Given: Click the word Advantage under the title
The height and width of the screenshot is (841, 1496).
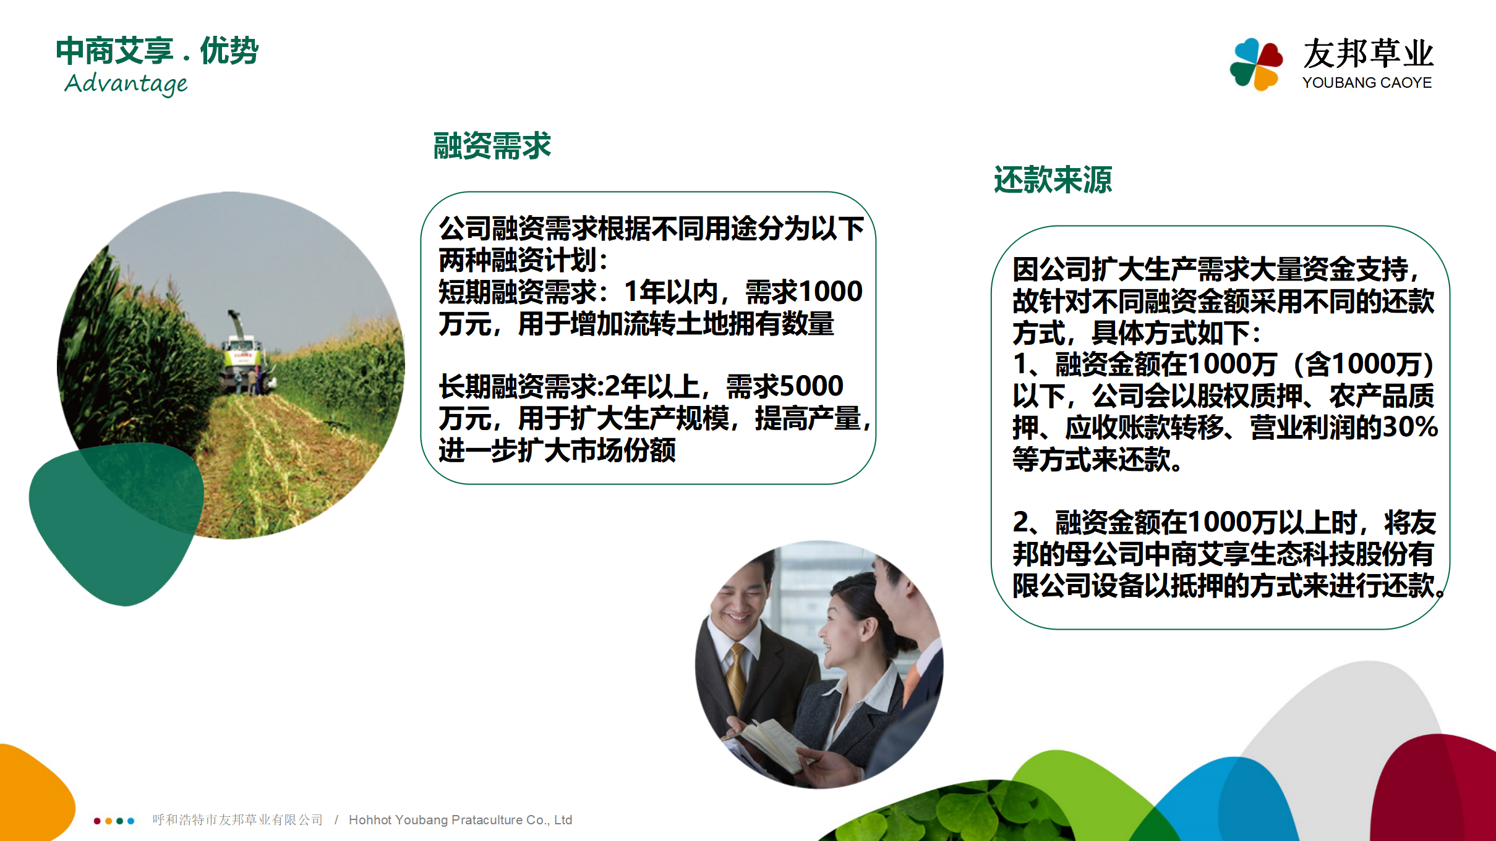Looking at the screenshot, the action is click(x=126, y=83).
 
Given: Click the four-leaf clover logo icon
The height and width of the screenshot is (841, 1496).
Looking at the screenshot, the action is click(x=1256, y=64).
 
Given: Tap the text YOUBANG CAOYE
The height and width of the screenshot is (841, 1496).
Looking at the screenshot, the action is click(x=1367, y=83).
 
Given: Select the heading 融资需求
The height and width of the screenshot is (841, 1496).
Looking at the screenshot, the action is click(x=492, y=146).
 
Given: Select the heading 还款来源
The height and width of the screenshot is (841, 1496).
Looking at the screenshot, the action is click(x=1053, y=180).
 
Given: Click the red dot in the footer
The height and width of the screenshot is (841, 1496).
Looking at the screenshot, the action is click(x=97, y=821).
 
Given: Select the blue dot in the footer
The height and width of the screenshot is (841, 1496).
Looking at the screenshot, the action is click(x=130, y=821).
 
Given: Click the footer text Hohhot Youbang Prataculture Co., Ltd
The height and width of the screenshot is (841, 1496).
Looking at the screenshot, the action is click(x=460, y=820).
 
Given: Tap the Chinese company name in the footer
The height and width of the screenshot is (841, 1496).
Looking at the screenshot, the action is click(x=237, y=820).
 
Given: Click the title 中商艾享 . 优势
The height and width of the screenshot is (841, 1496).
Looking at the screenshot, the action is click(x=157, y=51).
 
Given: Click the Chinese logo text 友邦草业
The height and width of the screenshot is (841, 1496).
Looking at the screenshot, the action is click(x=1368, y=54).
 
